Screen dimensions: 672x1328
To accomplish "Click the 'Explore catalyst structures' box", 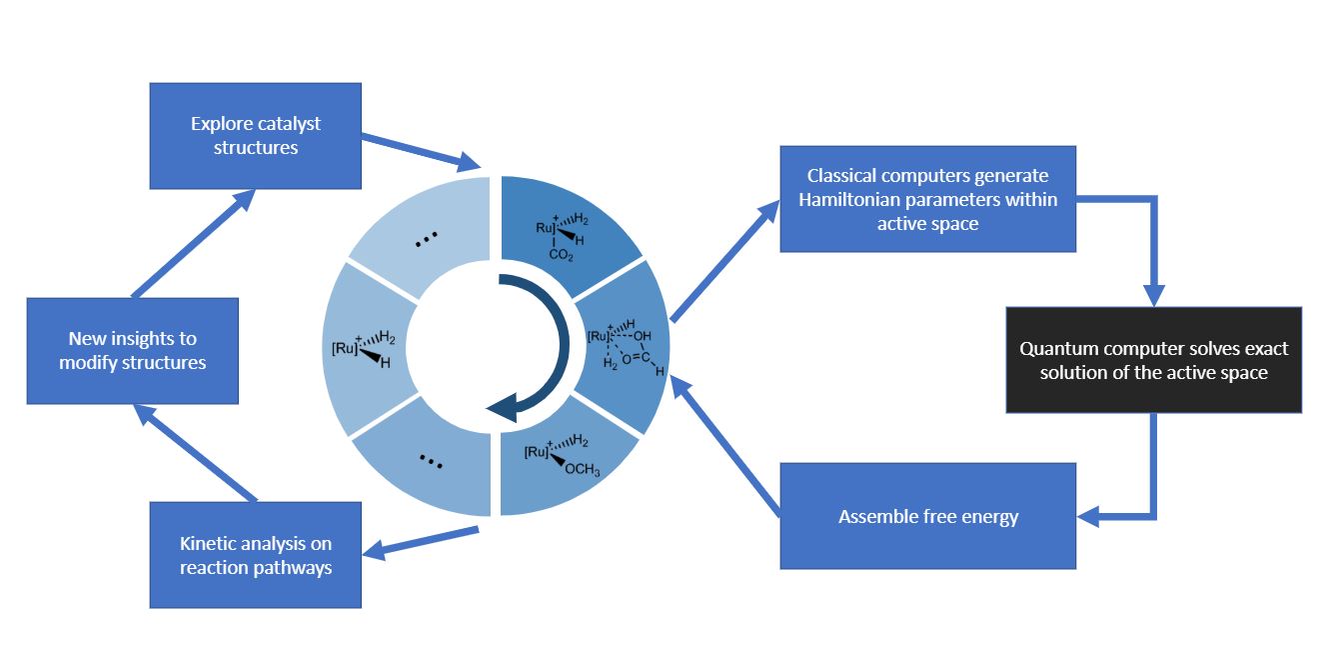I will coord(255,136).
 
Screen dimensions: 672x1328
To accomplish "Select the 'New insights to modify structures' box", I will coord(132,351).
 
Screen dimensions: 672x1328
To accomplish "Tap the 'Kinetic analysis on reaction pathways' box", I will coord(255,555).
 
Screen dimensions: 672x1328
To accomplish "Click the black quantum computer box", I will coord(1153,360).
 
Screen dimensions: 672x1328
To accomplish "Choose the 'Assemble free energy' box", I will coord(927,516).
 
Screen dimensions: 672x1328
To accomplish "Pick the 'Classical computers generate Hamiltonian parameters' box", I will coord(927,199).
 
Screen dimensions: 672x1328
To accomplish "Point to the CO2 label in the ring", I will coord(561,256).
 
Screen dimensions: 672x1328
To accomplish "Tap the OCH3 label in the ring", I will coord(584,471).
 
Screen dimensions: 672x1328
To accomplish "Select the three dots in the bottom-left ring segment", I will coord(431,461).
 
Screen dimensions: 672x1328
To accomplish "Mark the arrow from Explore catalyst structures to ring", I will coord(420,149).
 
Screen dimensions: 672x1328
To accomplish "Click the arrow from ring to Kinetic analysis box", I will coord(420,540).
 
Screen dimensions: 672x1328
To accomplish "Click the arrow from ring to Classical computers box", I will coord(724,260).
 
